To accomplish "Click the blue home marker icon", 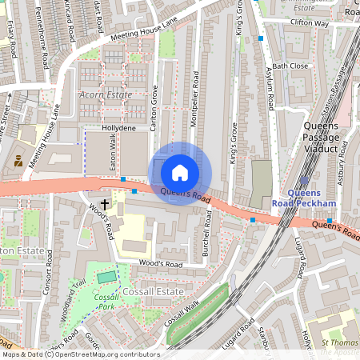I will point(180,172).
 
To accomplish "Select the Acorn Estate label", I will point(105,94).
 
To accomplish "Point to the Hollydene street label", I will point(118,128).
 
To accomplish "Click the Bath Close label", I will point(290,66).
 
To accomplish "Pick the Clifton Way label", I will point(309,24).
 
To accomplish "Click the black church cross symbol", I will point(105,206).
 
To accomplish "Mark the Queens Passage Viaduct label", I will point(321,138).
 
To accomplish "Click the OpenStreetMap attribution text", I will point(80,354).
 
